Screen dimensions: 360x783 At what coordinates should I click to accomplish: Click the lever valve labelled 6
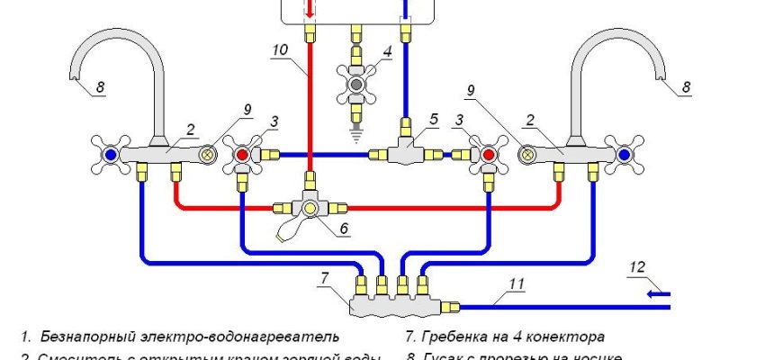310,208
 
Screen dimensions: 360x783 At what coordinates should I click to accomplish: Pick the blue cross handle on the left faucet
110,155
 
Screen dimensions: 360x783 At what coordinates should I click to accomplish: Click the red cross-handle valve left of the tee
241,155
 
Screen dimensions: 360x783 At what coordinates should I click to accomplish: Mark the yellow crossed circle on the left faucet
209,155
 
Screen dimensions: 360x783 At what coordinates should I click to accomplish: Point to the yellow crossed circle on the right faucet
526,155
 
